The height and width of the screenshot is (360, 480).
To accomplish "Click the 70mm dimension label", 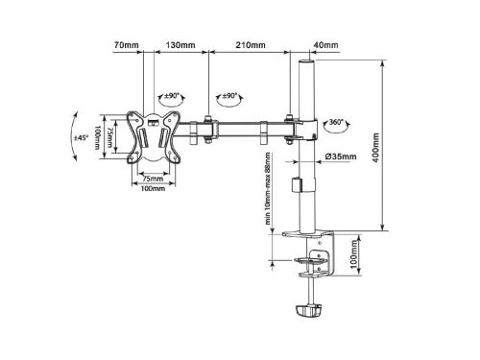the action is click(127, 45).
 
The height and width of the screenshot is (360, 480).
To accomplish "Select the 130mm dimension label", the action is click(180, 45).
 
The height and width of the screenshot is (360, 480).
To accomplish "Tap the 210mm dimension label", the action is click(251, 45).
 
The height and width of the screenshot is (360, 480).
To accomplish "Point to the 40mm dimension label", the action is click(325, 45).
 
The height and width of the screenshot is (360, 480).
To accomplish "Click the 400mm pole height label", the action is click(376, 148).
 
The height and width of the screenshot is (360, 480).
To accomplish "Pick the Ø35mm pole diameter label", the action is click(341, 156).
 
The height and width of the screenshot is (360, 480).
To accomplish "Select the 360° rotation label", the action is click(336, 122).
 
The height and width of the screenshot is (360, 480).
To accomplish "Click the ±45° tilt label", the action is click(81, 137).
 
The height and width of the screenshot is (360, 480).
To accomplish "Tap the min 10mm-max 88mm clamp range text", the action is click(268, 188).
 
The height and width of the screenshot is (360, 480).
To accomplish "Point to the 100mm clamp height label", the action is click(354, 254).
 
